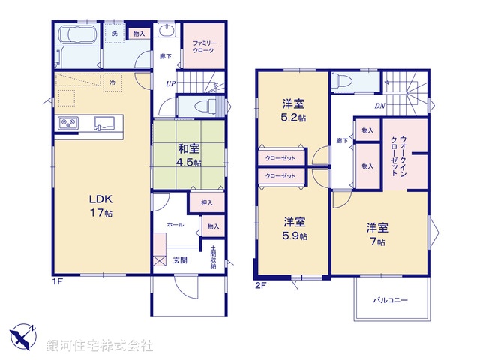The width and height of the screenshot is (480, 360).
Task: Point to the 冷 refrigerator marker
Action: coord(112,82)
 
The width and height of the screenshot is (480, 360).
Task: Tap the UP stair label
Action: coord(170,84)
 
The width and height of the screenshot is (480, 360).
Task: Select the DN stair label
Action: coord(380,106)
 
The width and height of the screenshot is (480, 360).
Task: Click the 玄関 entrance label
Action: coord(181,260)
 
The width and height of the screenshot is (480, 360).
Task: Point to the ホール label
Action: coord(175,223)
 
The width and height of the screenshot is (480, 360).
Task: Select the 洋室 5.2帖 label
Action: coord(293,111)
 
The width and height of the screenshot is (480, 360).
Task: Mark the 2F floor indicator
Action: coord(259,284)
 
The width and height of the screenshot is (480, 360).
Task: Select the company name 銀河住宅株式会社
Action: coord(100,346)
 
